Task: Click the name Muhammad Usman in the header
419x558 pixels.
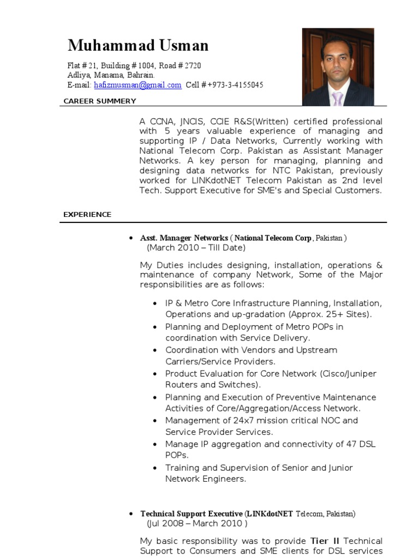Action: coord(137,45)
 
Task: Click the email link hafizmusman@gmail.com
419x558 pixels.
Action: coord(137,85)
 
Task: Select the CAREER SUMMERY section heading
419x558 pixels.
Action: coord(100,101)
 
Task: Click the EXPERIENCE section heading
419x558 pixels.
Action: coord(87,215)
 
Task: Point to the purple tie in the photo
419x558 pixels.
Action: coord(338,98)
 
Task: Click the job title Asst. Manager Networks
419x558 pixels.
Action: coord(184,238)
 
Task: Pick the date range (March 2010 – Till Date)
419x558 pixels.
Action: coord(196,248)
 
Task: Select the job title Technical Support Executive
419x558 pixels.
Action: coord(191,514)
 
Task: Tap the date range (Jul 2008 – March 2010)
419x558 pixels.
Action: coord(197,524)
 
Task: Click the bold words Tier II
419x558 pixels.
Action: coord(325,541)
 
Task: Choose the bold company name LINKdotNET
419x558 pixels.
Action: coord(270,514)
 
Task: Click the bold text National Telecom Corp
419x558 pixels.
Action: coord(273,238)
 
